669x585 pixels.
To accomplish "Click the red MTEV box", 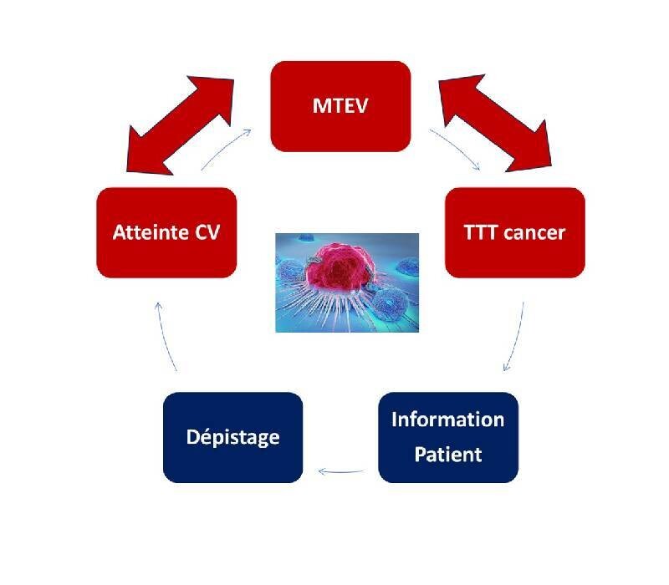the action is coord(340,106).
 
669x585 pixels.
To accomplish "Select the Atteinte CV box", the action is coord(166,232).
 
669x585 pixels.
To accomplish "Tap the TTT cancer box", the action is coord(514,232).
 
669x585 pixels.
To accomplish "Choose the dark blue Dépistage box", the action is coord(233,437).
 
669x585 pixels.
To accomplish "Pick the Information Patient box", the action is coord(448,437).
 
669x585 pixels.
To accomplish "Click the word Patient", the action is coord(448,455).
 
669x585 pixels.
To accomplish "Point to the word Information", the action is coord(448,420).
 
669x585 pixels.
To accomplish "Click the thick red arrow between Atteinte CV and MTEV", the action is coord(180,125).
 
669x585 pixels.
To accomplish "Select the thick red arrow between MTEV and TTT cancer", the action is coord(495,123).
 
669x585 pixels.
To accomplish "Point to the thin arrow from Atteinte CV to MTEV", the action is coord(225,149).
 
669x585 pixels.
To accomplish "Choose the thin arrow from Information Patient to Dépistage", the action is coord(340,471).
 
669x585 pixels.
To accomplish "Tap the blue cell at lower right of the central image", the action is coord(389,303).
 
